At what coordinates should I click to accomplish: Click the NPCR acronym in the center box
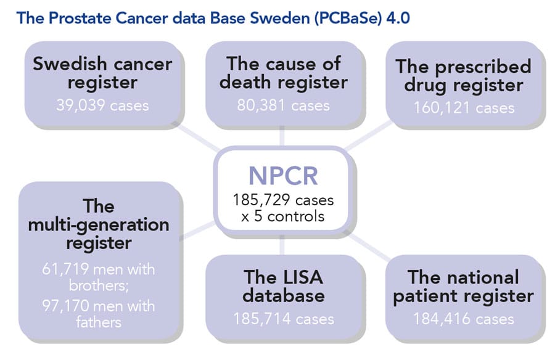point(283,176)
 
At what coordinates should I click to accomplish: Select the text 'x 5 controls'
point(283,216)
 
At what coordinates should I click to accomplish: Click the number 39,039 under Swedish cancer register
point(81,105)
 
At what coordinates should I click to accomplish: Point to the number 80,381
point(261,105)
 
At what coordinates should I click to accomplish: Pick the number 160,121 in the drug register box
point(442,108)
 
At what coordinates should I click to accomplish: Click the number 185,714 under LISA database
point(261,319)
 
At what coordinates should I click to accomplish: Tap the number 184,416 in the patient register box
point(442,319)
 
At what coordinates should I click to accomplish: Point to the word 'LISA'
point(301,277)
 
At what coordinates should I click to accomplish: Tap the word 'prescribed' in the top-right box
point(483,67)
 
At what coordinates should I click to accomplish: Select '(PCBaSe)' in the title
point(348,18)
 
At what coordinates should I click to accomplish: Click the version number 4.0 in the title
point(398,18)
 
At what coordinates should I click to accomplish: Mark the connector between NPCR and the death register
point(282,136)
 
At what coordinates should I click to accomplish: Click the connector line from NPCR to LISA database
point(282,245)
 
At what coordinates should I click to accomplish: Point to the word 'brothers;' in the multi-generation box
point(99,285)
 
